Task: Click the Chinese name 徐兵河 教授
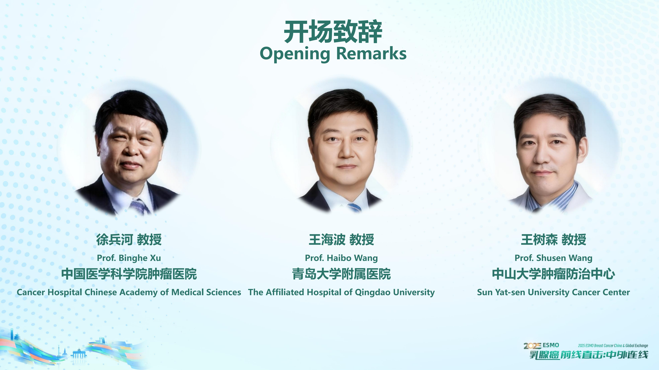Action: [129, 239]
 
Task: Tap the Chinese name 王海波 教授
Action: [341, 239]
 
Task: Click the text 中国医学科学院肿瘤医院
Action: [129, 274]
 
